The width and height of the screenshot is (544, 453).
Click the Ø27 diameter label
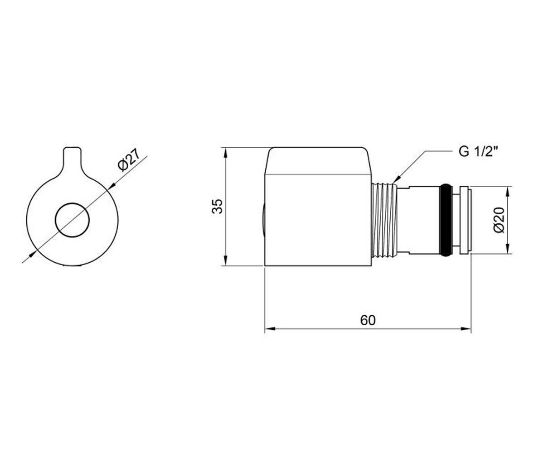click(129, 160)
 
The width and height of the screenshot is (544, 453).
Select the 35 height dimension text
click(217, 206)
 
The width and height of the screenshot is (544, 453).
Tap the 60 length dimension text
click(368, 320)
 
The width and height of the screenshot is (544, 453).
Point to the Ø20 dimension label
click(499, 220)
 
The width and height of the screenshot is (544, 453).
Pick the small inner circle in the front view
click(73, 220)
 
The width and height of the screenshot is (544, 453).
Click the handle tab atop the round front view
click(73, 161)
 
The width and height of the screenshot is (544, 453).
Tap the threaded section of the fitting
click(385, 220)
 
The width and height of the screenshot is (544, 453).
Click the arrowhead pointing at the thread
click(396, 179)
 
